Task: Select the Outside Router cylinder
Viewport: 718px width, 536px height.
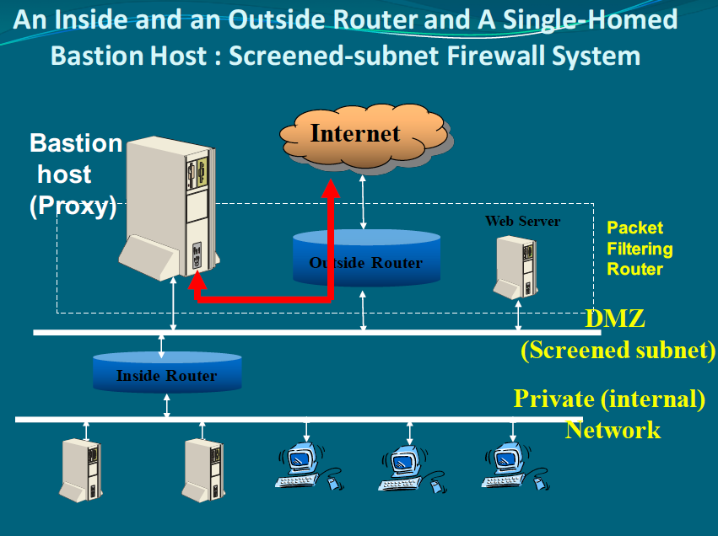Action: [365, 258]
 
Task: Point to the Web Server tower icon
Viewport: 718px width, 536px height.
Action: [516, 265]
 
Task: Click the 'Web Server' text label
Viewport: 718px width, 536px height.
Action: [522, 222]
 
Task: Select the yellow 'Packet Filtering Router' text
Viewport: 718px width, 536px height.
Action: [640, 249]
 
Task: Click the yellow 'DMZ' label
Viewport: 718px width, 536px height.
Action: [614, 319]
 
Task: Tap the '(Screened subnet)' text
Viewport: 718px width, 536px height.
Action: [618, 350]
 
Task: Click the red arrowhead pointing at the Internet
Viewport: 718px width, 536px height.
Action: [331, 190]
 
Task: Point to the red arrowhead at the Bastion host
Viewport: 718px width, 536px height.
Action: [197, 286]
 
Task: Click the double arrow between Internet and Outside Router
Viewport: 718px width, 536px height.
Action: [364, 202]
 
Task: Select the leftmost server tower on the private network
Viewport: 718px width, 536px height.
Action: [82, 468]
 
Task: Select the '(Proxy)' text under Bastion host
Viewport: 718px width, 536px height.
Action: [73, 206]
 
